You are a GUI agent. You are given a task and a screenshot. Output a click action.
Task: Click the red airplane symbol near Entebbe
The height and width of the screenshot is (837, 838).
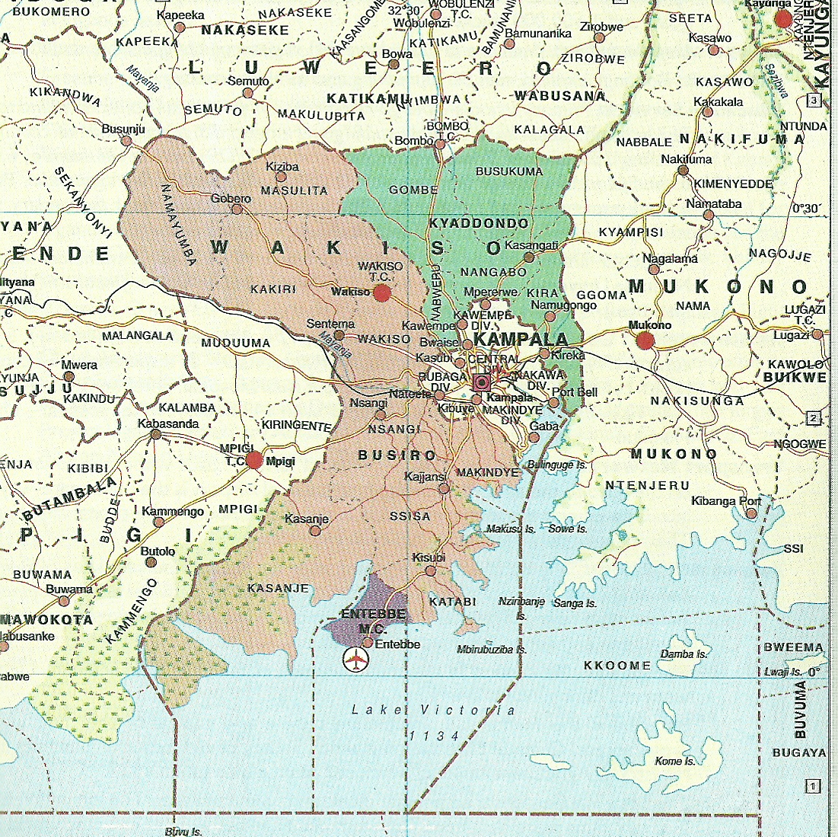click(x=355, y=660)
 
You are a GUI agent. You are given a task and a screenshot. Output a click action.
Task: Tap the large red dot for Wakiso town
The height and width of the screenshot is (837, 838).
click(x=382, y=292)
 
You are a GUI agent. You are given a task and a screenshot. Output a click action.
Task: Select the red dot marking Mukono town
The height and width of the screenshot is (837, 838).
click(x=645, y=340)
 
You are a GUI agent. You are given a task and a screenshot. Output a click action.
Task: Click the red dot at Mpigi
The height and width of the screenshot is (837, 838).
click(x=254, y=459)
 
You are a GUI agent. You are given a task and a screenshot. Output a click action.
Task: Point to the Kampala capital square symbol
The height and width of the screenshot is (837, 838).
click(x=481, y=382)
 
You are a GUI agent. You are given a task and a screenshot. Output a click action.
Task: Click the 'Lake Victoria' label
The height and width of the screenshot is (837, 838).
click(x=433, y=710)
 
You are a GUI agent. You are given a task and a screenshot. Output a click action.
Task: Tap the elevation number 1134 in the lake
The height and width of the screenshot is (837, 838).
click(x=435, y=736)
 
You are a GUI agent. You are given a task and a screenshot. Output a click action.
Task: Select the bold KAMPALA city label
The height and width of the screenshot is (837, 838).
click(x=521, y=339)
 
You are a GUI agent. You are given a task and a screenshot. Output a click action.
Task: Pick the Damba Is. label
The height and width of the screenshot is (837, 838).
click(x=683, y=653)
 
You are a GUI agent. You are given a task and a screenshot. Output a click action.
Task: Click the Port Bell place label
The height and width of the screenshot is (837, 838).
click(x=575, y=392)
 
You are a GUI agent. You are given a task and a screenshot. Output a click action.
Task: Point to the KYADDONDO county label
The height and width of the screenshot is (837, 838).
click(x=479, y=223)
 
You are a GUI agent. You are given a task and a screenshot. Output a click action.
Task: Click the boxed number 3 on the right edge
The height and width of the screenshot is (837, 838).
click(x=814, y=101)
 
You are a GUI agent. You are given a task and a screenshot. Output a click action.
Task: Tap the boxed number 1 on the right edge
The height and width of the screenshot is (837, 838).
click(x=814, y=786)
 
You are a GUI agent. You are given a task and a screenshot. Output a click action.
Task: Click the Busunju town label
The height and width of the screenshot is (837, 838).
click(x=123, y=129)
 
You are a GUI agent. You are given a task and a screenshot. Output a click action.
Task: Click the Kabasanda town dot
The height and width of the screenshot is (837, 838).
click(x=155, y=434)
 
